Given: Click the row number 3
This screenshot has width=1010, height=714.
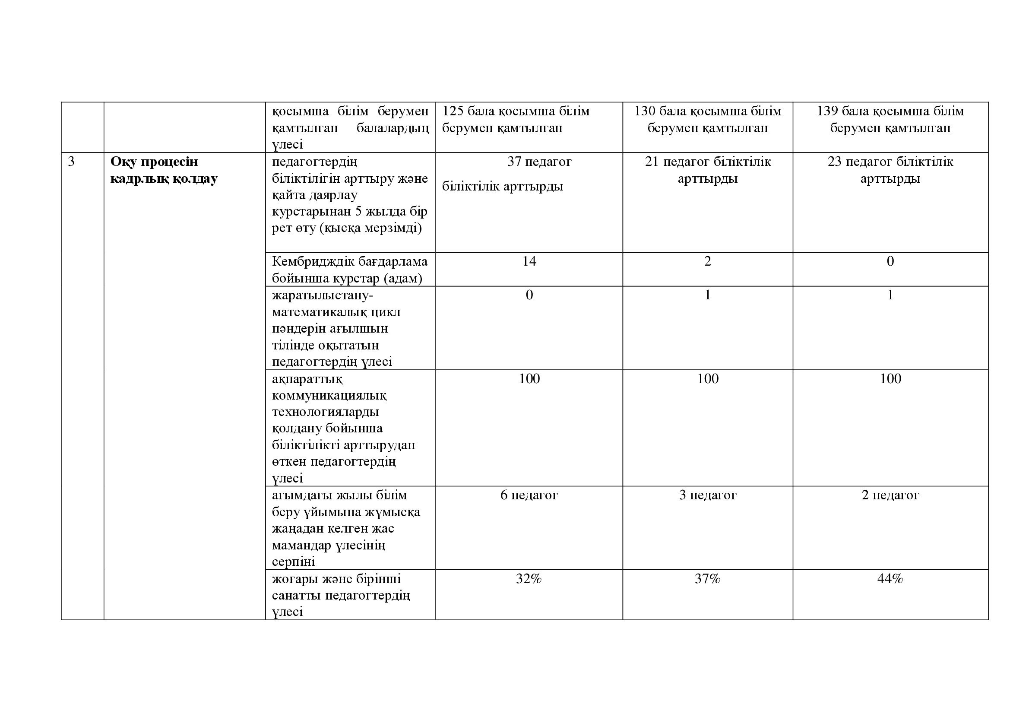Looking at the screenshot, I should point(71,162).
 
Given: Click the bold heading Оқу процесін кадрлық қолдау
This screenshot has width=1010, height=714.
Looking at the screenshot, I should point(164,170).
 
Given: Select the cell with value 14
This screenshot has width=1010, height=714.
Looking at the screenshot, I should point(529,261).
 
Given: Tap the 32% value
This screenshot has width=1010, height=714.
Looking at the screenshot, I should point(529,579).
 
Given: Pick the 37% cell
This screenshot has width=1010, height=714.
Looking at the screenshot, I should point(707,579).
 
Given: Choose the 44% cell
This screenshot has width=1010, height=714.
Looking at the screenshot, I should point(890,579).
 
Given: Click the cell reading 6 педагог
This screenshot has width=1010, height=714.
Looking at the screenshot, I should point(529,495).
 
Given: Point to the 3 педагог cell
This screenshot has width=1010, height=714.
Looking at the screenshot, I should point(707,495).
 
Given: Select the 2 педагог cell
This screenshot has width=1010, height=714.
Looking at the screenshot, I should point(890,495).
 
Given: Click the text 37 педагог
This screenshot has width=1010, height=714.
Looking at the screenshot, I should point(539,162).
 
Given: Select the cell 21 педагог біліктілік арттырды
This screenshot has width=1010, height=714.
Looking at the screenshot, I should point(707,170).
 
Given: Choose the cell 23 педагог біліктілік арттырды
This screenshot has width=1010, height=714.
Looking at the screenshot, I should point(890,170).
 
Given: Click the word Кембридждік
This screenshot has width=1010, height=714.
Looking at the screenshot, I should point(313,262).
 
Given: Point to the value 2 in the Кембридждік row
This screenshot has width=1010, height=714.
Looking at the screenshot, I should point(707,261).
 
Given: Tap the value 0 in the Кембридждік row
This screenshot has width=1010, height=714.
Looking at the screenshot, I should point(890,261).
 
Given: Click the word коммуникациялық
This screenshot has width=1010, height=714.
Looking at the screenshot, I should point(329,396).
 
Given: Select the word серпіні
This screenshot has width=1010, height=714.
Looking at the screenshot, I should point(293,562).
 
